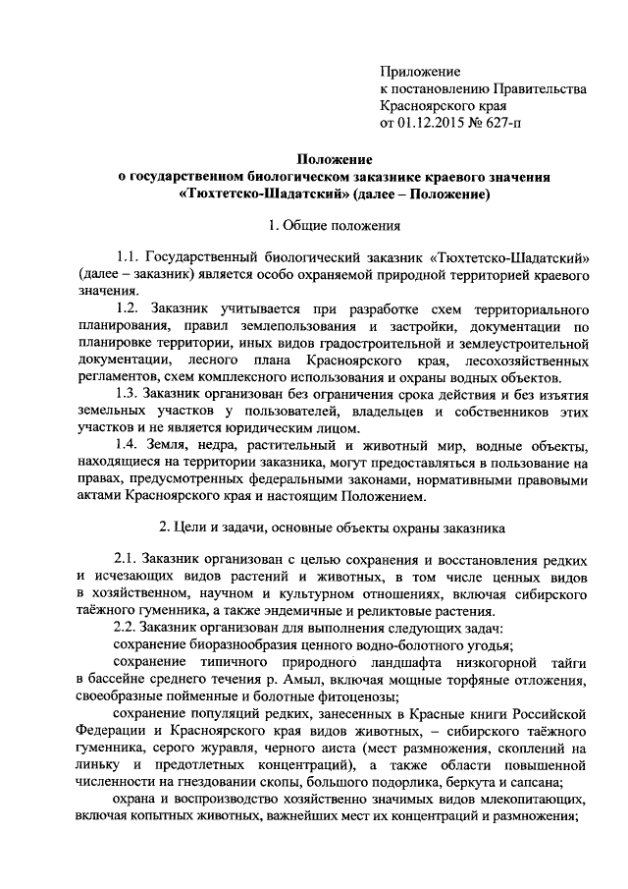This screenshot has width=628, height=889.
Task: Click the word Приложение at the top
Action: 420,72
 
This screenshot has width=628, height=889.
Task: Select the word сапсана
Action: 557,787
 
